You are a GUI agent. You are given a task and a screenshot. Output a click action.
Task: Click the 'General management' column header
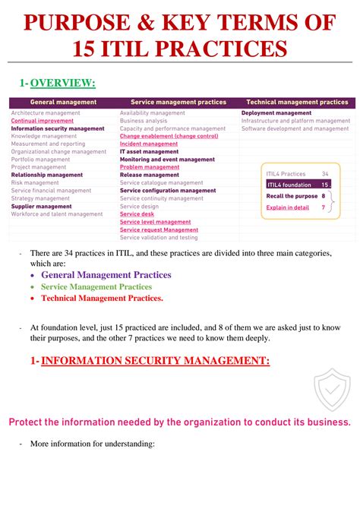(x=63, y=102)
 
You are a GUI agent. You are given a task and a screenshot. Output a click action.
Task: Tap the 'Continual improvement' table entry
(x=43, y=121)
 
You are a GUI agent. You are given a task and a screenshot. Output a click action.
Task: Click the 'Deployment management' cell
(x=276, y=112)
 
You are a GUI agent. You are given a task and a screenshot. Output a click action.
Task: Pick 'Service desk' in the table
(x=137, y=213)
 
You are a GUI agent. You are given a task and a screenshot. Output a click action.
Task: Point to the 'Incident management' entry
(x=149, y=144)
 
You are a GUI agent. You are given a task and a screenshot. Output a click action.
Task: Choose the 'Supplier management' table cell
(x=41, y=206)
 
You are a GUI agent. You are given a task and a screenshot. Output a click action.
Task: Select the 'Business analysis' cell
(x=144, y=121)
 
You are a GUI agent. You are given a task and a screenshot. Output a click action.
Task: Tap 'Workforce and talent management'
(x=57, y=214)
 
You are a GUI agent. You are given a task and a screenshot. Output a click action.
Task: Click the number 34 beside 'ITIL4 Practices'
(x=325, y=174)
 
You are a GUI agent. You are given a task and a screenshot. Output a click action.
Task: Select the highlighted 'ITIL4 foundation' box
(x=297, y=185)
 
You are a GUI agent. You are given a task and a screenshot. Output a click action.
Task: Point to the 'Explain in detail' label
(x=288, y=207)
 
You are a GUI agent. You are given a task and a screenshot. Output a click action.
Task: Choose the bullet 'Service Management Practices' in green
(x=96, y=286)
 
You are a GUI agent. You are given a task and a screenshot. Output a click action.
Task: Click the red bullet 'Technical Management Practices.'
(x=102, y=299)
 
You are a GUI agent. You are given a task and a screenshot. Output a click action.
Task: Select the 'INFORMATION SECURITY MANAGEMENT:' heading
(x=155, y=361)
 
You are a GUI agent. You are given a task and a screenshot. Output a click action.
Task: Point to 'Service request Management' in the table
(x=159, y=229)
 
